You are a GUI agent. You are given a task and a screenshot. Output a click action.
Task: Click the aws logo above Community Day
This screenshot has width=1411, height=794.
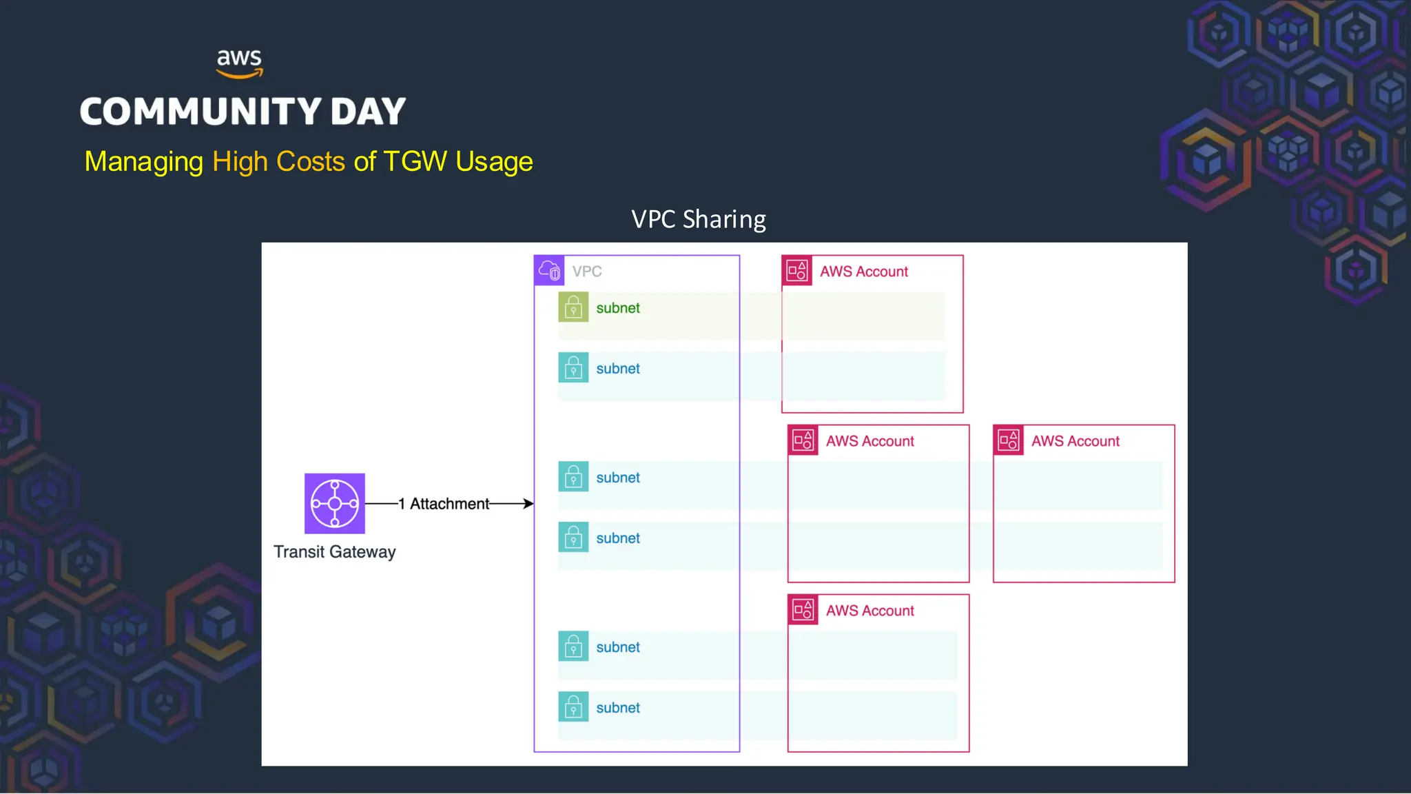pos(239,63)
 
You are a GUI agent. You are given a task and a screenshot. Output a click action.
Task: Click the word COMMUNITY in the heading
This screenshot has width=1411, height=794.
pos(200,112)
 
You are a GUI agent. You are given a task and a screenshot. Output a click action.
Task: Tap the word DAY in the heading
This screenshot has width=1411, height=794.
pos(368,112)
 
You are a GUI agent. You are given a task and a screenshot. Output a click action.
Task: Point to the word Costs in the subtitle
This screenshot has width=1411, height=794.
pos(310,161)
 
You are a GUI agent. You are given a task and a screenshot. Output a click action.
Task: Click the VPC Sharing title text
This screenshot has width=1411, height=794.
pos(698,219)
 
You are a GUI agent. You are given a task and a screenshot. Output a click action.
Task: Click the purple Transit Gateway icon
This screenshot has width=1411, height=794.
pos(335,503)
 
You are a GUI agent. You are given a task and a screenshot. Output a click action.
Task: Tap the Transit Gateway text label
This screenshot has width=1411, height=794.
pos(335,552)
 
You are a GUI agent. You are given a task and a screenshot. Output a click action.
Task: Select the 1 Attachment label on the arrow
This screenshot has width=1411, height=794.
pos(444,504)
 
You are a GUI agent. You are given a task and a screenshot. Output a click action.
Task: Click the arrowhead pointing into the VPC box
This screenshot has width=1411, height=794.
pos(528,504)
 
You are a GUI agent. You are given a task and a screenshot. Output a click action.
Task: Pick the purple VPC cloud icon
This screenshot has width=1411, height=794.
pos(549,270)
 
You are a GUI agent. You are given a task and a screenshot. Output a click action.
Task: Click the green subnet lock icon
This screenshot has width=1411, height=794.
pos(573,307)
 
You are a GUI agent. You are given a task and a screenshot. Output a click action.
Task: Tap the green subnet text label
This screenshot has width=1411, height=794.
pos(618,308)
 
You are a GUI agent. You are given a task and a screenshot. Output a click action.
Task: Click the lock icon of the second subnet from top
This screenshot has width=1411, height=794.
pos(573,368)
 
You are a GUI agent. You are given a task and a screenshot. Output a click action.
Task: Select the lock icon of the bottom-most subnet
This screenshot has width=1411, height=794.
pos(573,706)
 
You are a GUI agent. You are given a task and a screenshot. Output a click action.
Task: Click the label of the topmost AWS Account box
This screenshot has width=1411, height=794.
pos(863,272)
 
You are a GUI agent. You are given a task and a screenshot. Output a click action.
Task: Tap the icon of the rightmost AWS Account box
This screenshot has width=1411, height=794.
pos(1009,440)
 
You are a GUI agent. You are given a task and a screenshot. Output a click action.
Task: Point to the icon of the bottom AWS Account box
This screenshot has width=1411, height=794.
pos(803,609)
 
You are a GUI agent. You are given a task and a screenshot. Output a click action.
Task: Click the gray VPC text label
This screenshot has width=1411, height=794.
pos(587,272)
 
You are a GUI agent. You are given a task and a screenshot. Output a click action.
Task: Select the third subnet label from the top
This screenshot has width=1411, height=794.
pos(618,478)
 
